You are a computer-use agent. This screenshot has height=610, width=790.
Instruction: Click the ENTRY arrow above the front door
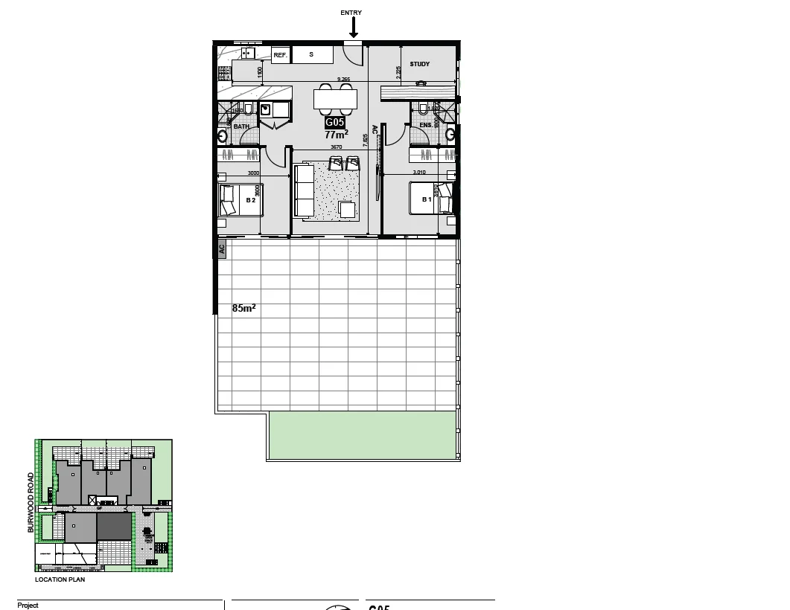(354, 28)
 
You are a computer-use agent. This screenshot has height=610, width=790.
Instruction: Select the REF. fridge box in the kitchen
(280, 55)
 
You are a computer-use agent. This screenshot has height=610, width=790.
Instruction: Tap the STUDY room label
(420, 64)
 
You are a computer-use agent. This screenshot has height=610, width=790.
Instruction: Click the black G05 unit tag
(335, 123)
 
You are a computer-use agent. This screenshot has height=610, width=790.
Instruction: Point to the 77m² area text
(336, 135)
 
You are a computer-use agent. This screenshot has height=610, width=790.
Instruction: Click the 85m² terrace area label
(243, 307)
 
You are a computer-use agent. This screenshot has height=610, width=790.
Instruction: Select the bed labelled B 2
(240, 200)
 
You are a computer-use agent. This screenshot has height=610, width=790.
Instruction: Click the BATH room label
(241, 126)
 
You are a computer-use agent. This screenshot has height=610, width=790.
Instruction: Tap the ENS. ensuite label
(425, 126)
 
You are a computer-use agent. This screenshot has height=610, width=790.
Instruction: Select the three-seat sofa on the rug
(304, 190)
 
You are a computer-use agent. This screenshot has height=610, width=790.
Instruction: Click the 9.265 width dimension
(343, 79)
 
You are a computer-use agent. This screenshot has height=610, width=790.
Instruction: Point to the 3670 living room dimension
(336, 147)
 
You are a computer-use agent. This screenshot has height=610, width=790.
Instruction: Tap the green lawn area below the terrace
(362, 434)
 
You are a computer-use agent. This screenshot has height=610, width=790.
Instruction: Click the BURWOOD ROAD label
(31, 503)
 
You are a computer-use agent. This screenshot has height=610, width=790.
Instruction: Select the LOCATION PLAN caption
(60, 579)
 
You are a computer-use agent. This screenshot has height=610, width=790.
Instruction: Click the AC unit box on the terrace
(221, 249)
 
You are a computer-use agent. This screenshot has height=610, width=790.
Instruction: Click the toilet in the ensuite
(423, 109)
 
